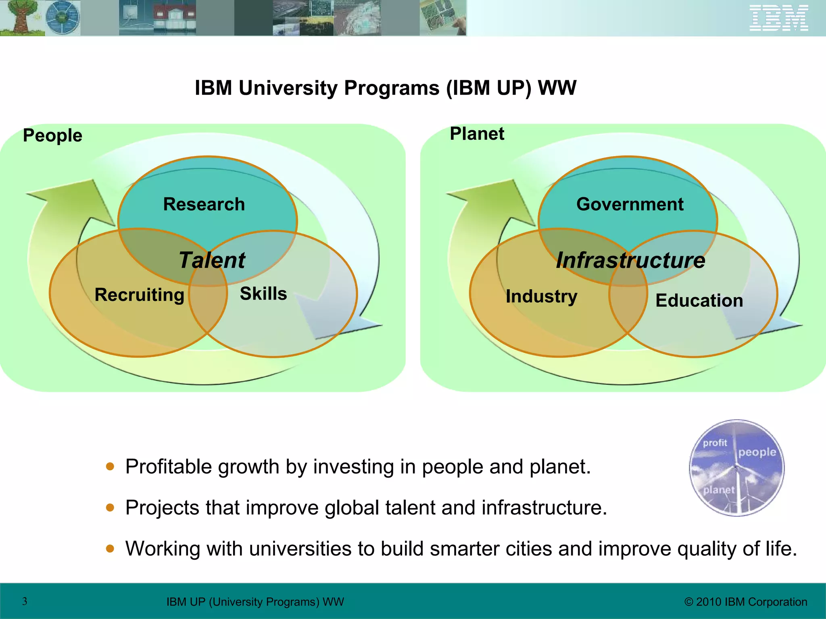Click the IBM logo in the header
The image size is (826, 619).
click(778, 18)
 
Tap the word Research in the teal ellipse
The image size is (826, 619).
click(204, 204)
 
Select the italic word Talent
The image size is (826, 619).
click(212, 260)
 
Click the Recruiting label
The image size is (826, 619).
click(139, 295)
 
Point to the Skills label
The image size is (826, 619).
click(263, 293)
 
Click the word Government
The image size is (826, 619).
click(630, 204)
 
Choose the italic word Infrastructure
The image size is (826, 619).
click(630, 260)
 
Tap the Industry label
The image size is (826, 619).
click(541, 296)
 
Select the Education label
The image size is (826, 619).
click(699, 301)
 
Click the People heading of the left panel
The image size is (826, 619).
click(52, 135)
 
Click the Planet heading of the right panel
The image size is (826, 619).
click(477, 134)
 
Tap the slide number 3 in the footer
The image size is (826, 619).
click(25, 601)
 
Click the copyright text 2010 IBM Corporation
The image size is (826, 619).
click(746, 602)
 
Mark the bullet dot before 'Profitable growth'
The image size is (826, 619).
click(110, 467)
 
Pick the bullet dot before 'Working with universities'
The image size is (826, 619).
click(110, 548)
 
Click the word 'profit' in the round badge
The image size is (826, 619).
click(715, 443)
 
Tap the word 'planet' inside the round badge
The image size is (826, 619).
click(719, 490)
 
